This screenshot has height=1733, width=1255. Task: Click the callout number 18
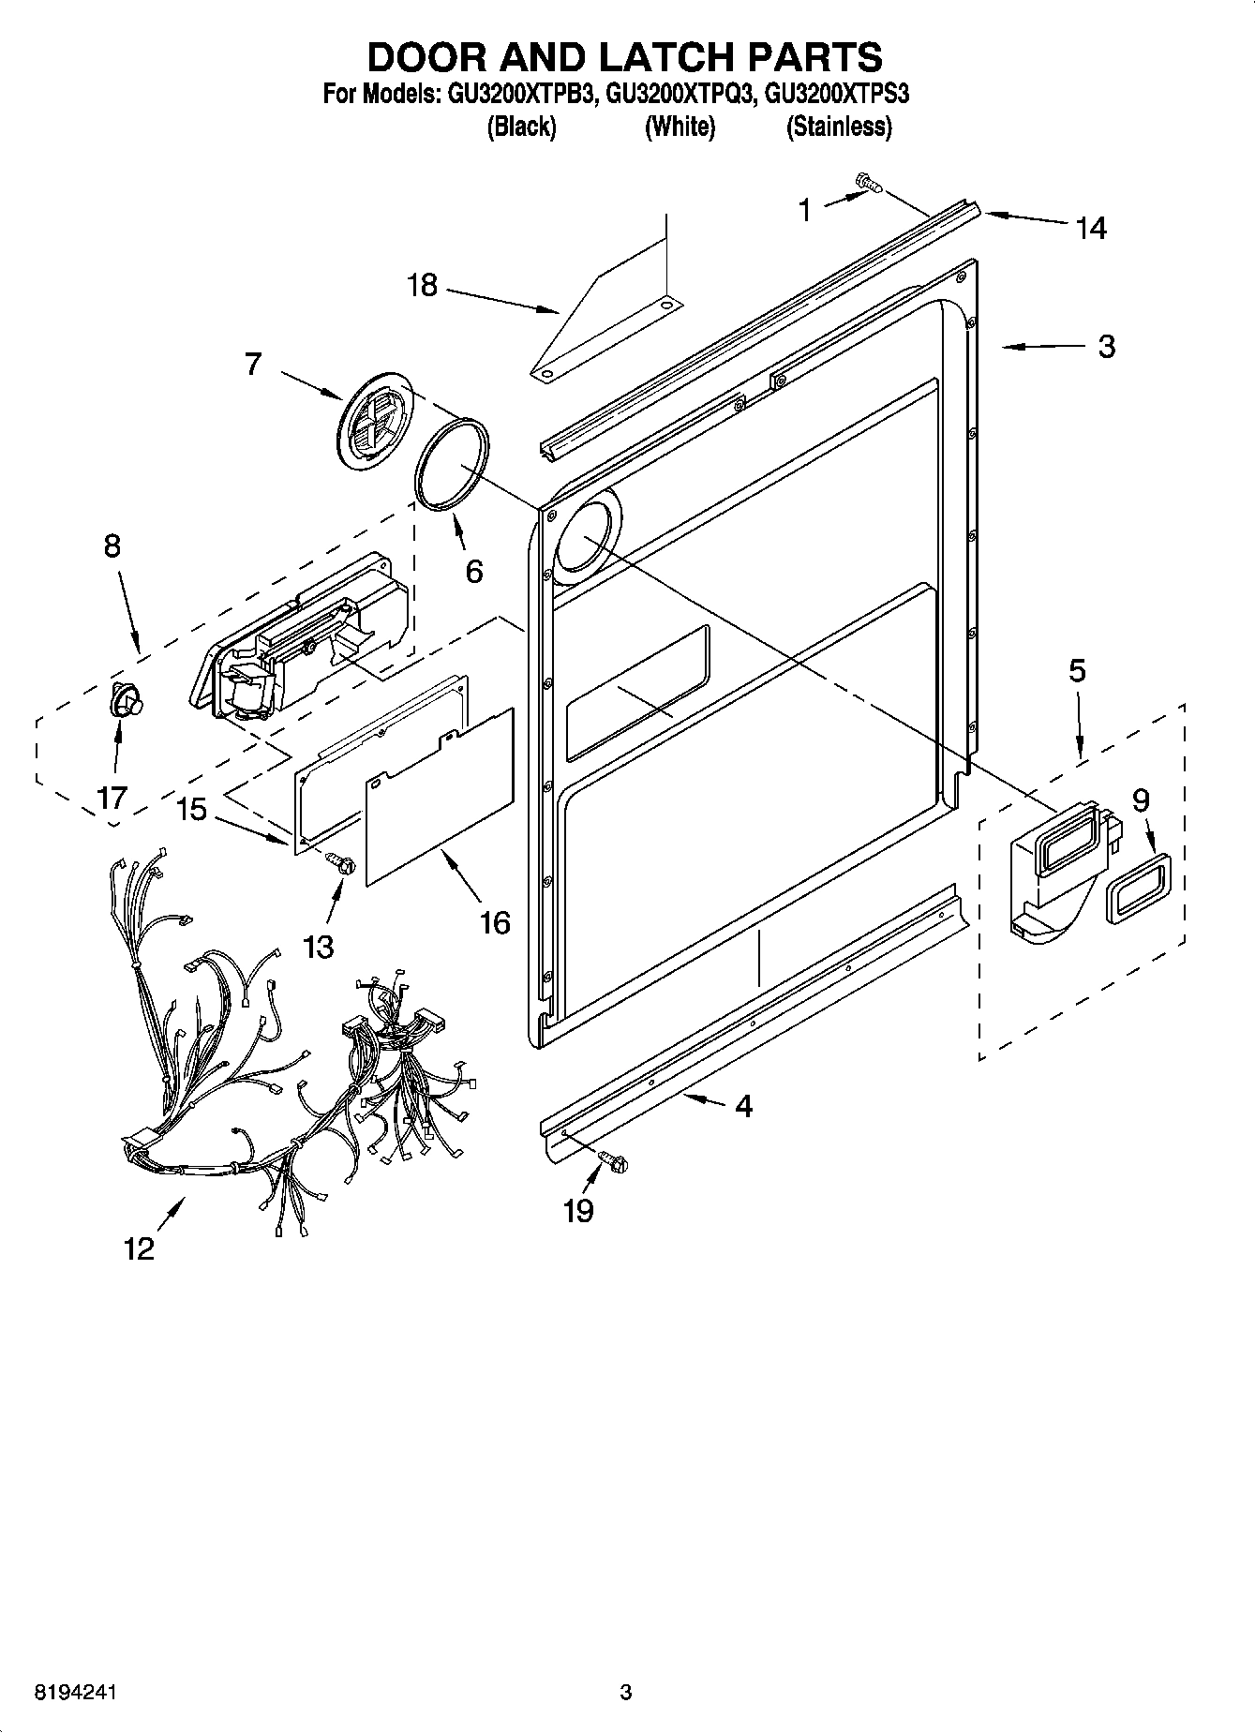(423, 285)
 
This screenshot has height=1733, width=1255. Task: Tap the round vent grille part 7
(374, 420)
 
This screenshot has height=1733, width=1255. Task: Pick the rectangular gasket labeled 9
(1138, 889)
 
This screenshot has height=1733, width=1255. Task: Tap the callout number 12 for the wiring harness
(138, 1248)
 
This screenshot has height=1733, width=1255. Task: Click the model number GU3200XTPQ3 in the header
(680, 95)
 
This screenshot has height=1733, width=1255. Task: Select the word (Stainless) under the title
(838, 127)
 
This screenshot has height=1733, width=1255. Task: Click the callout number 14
(1091, 228)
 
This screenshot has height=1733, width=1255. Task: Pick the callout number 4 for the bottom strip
(743, 1106)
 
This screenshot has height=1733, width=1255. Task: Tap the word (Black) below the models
(521, 127)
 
